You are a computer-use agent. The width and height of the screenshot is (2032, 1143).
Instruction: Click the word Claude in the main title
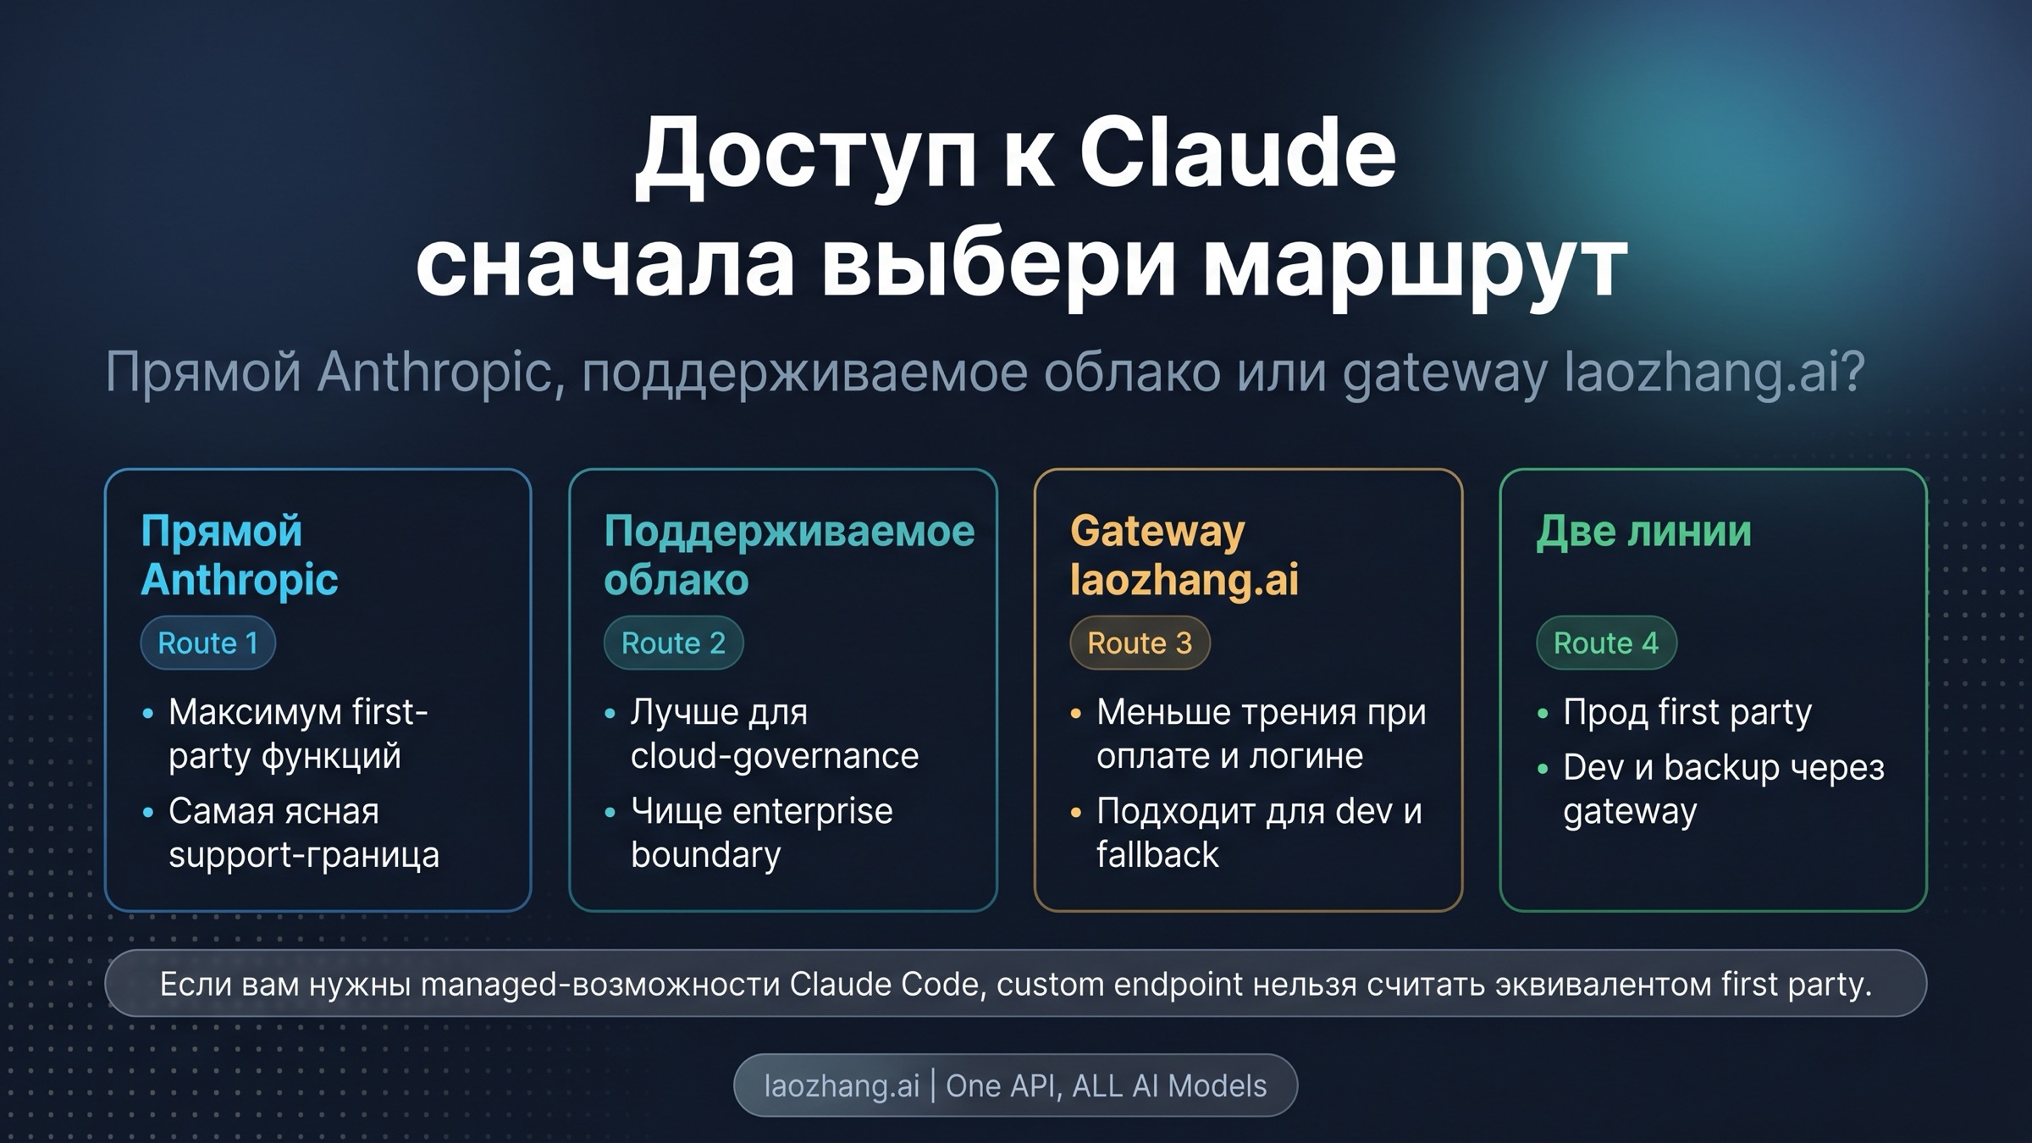(1237, 153)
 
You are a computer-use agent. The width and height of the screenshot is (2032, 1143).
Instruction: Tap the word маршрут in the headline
(1415, 267)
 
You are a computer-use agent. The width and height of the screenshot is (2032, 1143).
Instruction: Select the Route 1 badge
(208, 643)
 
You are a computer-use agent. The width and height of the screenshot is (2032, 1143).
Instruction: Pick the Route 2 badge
(673, 643)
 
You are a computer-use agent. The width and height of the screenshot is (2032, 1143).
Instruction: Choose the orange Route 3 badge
(1140, 643)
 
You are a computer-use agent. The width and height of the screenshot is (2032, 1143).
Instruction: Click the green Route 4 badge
(1606, 643)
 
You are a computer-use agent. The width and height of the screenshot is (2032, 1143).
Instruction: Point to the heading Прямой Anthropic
(240, 555)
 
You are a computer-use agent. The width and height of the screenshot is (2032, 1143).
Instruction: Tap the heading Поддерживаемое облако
(789, 555)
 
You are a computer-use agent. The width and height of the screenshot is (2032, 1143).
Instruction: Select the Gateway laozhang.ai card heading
(1184, 555)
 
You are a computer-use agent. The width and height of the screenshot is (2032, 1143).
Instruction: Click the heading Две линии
(1643, 532)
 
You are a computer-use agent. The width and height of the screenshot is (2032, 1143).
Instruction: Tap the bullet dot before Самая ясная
(148, 813)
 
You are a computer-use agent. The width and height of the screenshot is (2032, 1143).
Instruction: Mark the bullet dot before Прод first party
(1543, 714)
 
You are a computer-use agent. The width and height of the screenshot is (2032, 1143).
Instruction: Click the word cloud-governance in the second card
(775, 755)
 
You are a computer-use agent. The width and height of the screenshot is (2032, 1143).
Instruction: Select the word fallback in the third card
(1157, 854)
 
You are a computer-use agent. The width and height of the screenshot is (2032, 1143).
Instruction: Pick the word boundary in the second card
(706, 855)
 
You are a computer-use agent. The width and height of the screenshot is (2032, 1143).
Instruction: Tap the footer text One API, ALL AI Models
(1106, 1085)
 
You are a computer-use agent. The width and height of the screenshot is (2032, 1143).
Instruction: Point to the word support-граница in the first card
(304, 855)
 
